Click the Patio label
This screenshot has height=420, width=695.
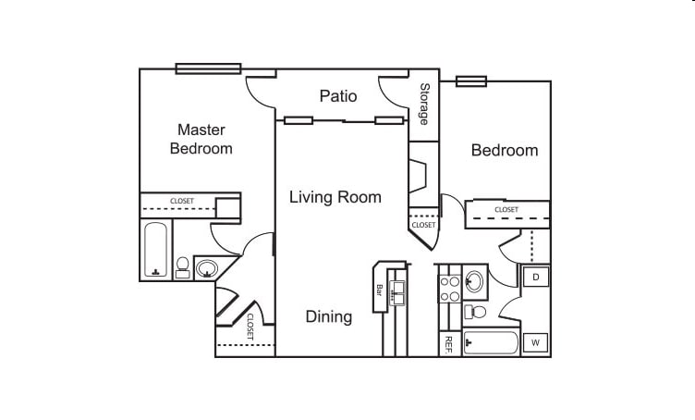[x=338, y=96]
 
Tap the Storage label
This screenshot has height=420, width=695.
[x=424, y=104]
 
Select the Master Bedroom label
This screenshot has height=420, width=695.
[x=201, y=139]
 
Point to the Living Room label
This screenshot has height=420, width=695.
[x=335, y=197]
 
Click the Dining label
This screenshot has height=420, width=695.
[x=329, y=316]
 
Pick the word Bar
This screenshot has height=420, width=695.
[x=380, y=290]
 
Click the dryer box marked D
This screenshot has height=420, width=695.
[x=535, y=278]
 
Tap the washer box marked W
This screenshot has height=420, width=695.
[x=535, y=343]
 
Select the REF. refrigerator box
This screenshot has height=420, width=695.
[x=449, y=344]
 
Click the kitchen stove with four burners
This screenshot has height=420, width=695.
[x=449, y=289]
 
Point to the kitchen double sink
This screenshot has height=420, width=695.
[x=397, y=292]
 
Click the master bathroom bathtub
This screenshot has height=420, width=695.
[x=155, y=249]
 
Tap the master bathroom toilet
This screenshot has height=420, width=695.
[x=182, y=267]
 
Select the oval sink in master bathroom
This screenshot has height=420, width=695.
[x=207, y=268]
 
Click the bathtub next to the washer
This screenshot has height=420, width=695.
[x=491, y=343]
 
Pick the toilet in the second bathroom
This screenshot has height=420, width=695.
[x=474, y=312]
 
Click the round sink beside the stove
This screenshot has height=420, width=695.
[x=474, y=281]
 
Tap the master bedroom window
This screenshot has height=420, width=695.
[x=208, y=68]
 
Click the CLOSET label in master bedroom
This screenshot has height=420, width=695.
[x=182, y=201]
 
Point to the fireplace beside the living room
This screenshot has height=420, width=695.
[x=417, y=176]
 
